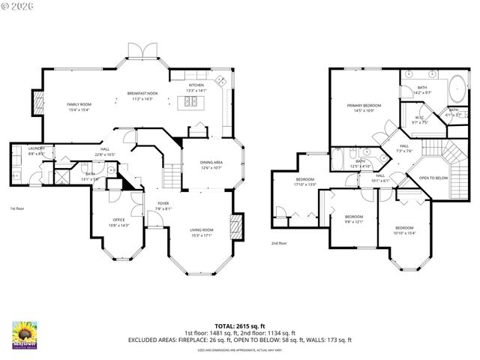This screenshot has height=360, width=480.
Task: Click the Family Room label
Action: click(78, 106)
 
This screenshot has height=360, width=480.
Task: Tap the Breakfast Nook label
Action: click(142, 96)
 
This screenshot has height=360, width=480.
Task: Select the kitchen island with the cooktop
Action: click(190, 104)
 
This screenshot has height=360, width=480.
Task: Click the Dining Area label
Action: click(211, 164)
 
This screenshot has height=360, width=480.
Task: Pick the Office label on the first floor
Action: click(119, 222)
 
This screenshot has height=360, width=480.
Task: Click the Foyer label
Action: click(163, 205)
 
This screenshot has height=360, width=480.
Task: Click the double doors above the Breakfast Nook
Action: click(142, 51)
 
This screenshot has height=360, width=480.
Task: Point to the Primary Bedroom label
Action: click(364, 108)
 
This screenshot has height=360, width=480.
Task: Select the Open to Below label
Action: click(433, 178)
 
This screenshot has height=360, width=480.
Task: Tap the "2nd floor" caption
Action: click(280, 243)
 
